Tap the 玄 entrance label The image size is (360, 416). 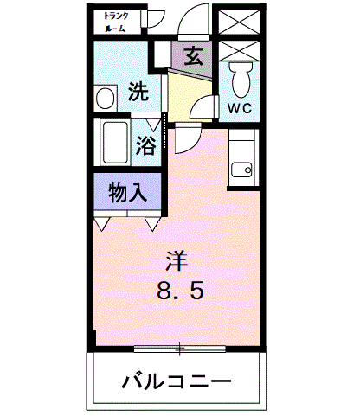click(x=195, y=57)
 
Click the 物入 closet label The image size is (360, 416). click(x=126, y=192)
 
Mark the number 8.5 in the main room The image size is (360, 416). click(x=180, y=291)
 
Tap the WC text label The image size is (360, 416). click(x=240, y=107)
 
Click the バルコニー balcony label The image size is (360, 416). click(x=177, y=381)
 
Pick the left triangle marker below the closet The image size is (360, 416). click(x=102, y=224)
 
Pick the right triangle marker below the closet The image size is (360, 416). click(x=152, y=224)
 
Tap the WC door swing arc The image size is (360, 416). click(x=204, y=107)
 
